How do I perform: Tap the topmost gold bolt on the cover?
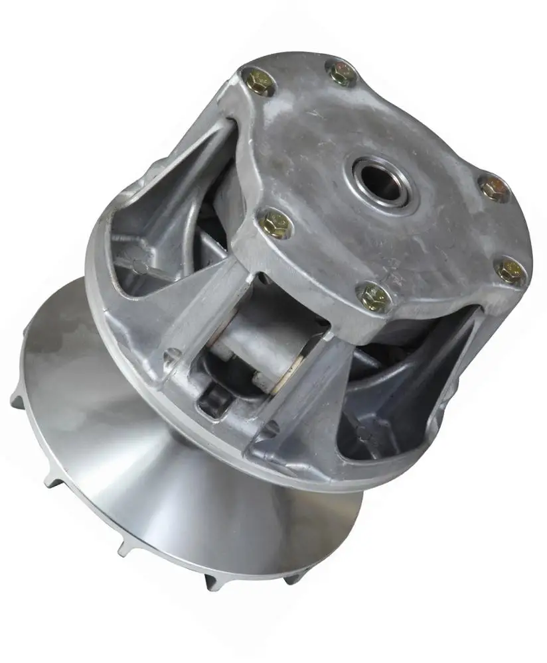(x=341, y=73)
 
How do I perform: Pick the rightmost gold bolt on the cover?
(x=511, y=271)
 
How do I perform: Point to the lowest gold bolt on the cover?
(x=373, y=296)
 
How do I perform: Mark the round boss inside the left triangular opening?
(x=140, y=266)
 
